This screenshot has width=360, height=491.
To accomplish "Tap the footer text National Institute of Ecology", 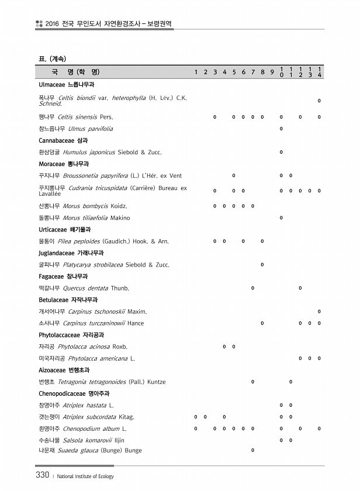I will [85, 476].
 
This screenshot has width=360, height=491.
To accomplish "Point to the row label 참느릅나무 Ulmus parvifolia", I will [76, 129].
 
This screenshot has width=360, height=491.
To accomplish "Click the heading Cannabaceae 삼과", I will [63, 141].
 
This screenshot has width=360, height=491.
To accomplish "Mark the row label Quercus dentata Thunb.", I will [84, 288].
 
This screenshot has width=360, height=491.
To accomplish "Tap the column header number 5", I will [234, 72].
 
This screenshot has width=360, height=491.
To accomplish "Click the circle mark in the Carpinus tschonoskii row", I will [319, 312].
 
